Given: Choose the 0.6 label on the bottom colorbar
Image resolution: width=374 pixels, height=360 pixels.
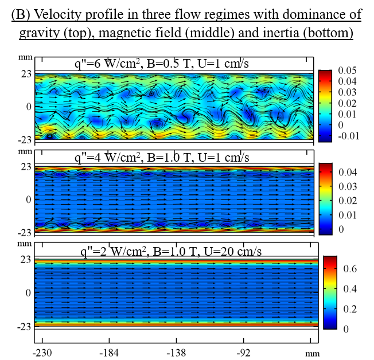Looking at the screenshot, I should coord(350,268).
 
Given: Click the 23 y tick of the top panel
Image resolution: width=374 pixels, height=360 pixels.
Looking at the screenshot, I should coord(24,73).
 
